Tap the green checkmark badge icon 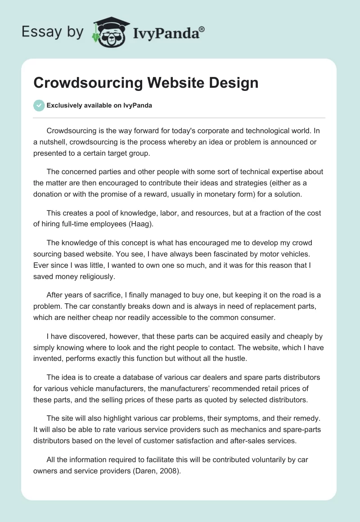pos(39,105)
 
